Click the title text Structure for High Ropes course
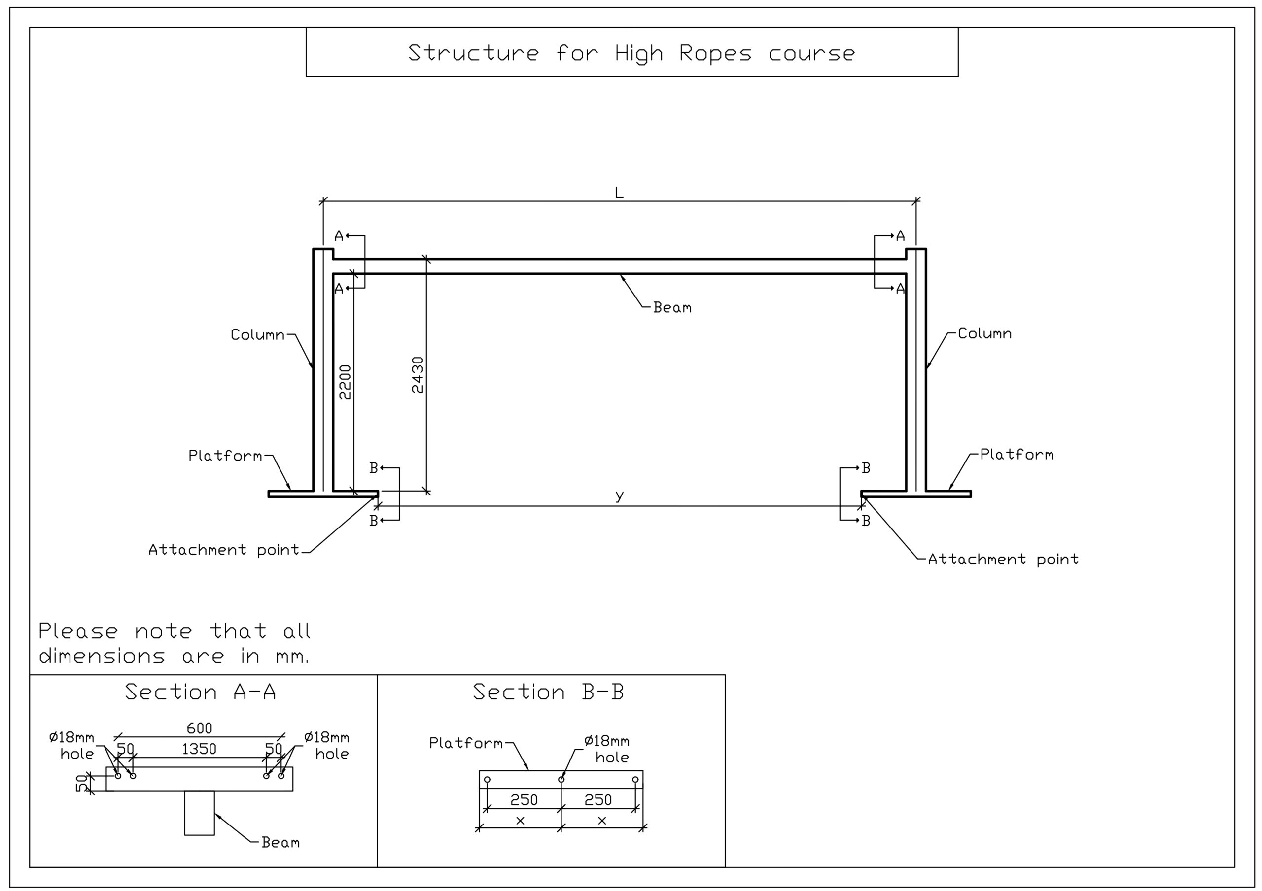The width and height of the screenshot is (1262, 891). pos(631,53)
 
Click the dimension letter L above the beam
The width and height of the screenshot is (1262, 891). pos(619,193)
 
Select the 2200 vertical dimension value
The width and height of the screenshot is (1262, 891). pos(345,382)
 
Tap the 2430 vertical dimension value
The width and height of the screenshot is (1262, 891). pos(418,375)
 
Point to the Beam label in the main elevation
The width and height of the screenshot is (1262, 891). pos(672,308)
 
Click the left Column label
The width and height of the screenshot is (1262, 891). pos(257,334)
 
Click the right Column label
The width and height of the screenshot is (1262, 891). pos(984,333)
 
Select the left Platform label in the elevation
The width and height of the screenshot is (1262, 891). pos(225,456)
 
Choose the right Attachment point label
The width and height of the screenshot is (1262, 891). pos(1003,559)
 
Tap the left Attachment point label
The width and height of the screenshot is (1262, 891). pos(224,550)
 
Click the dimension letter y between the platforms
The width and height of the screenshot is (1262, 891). pos(620,495)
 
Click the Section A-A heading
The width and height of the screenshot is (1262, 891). pos(200,692)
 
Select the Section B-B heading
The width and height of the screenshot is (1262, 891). pos(548,692)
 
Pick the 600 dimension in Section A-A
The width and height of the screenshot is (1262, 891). pos(199,728)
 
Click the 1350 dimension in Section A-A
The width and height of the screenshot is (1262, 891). pos(199,749)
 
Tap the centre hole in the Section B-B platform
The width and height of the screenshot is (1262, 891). pos(561,779)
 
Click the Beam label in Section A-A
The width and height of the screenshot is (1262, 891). pos(280,842)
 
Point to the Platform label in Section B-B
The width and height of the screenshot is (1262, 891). pos(465,743)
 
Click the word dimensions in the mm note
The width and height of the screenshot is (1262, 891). pos(102,657)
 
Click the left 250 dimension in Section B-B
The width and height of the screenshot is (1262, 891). pos(524,800)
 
